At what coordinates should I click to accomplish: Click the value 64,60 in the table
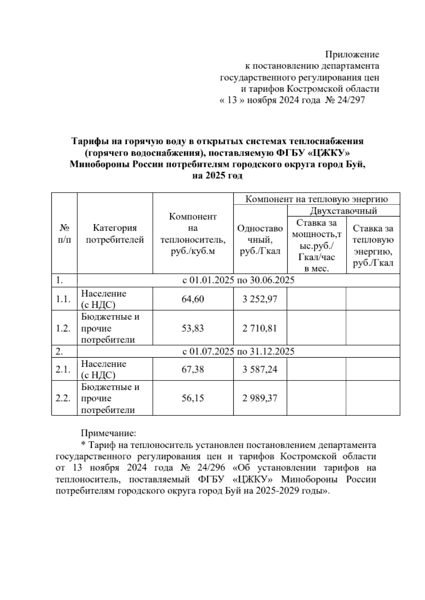(x=193, y=299)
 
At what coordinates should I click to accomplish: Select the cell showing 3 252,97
(x=260, y=299)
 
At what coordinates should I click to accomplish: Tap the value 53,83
(x=193, y=328)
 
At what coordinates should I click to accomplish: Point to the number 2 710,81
(x=260, y=328)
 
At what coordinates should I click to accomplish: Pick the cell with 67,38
(x=193, y=369)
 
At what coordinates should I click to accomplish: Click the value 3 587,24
(x=260, y=369)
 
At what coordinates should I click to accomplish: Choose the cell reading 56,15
(x=193, y=398)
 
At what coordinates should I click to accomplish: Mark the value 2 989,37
(x=260, y=398)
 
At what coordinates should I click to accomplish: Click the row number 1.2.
(x=63, y=328)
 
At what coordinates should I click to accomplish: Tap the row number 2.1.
(x=63, y=369)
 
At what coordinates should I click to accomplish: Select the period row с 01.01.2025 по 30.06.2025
(x=238, y=281)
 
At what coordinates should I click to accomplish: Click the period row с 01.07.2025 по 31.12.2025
(x=238, y=351)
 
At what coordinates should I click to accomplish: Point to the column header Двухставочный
(x=343, y=211)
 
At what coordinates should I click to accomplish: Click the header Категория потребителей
(x=115, y=234)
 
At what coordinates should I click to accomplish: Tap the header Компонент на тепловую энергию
(x=317, y=199)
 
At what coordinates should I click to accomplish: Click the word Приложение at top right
(x=352, y=54)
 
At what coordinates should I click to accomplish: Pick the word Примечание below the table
(x=109, y=433)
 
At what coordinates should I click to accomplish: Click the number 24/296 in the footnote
(x=212, y=468)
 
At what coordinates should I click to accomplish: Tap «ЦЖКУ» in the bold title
(x=324, y=153)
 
